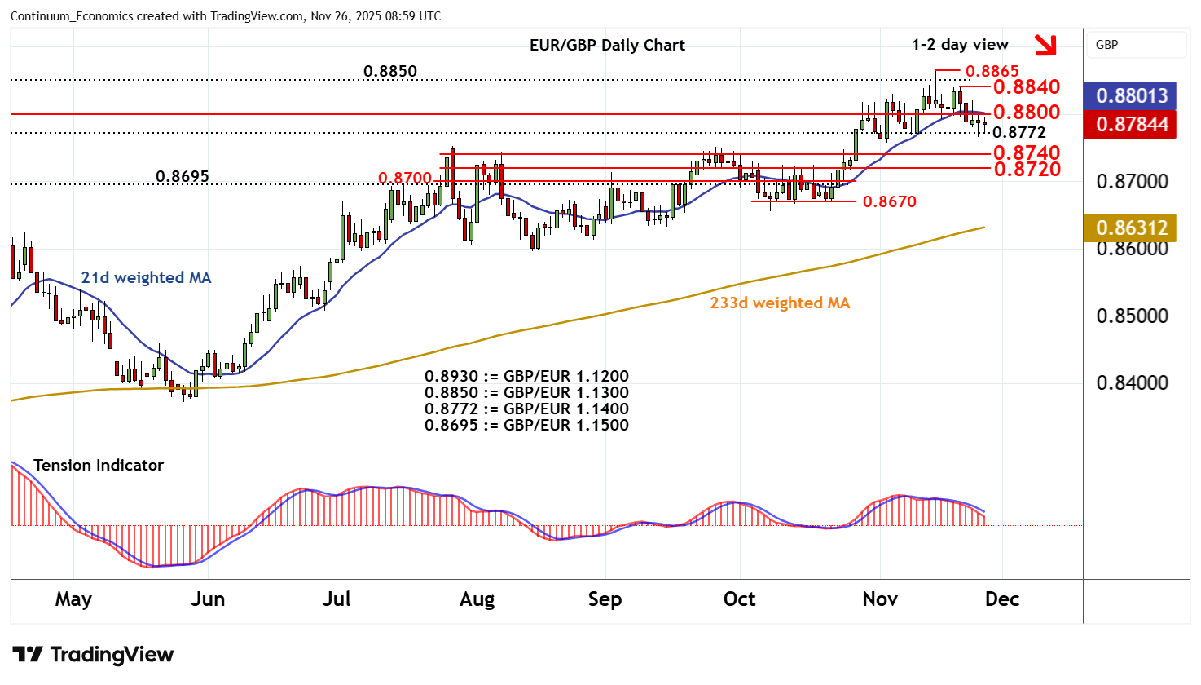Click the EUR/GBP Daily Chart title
(607, 45)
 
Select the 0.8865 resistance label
(992, 72)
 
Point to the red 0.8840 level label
(1026, 87)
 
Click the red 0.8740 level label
(1026, 152)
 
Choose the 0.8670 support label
(889, 201)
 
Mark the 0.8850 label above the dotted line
(389, 71)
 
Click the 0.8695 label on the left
(182, 176)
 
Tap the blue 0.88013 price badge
(1131, 95)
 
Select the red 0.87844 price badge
(1131, 124)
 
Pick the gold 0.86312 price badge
(1131, 228)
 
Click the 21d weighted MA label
(146, 277)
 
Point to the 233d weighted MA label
(780, 303)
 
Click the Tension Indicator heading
(99, 465)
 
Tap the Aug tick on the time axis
(477, 599)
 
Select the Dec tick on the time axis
(1001, 599)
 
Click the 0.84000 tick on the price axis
(1132, 382)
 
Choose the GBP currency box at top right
(1136, 45)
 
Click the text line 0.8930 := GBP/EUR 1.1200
(526, 377)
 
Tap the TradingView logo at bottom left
(93, 654)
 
